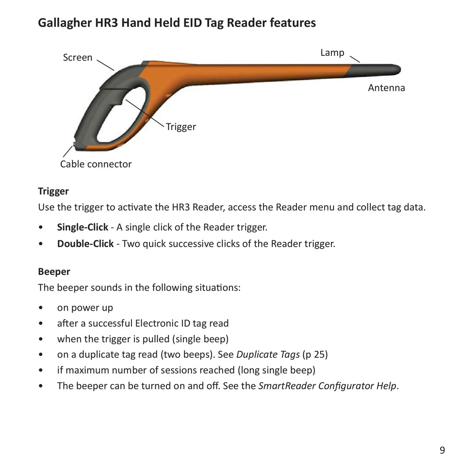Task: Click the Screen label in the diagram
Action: (x=78, y=57)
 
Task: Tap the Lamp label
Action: (x=332, y=52)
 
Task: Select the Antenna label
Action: (x=386, y=88)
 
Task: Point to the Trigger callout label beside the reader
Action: (x=181, y=127)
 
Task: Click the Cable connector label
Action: (x=96, y=164)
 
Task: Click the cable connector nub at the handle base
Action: (x=73, y=144)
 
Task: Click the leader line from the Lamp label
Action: (x=355, y=58)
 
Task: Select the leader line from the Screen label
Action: (x=105, y=65)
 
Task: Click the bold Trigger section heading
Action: (x=53, y=191)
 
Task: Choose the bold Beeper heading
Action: (x=54, y=271)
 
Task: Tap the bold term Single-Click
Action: (x=82, y=227)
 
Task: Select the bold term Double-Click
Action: (x=85, y=243)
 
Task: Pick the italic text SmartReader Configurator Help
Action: (x=328, y=386)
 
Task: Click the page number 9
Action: (x=442, y=436)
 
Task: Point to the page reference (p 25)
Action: (x=315, y=354)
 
